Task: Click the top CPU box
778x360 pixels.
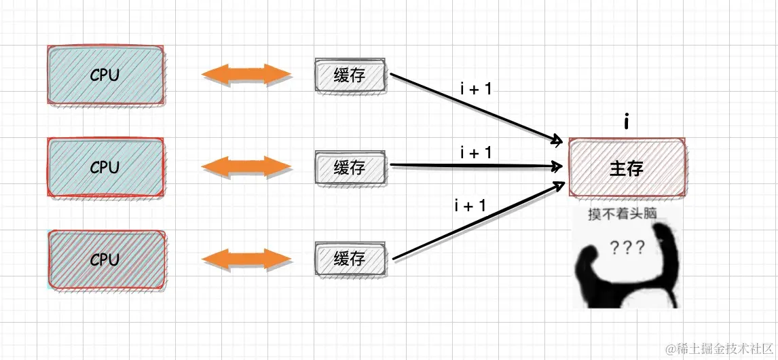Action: click(x=105, y=75)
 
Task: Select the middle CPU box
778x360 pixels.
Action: click(x=105, y=167)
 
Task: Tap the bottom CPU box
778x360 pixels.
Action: click(x=105, y=259)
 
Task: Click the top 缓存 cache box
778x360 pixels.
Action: click(x=350, y=75)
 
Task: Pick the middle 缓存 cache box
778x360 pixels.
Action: click(x=350, y=167)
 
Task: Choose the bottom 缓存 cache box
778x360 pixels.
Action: click(x=350, y=259)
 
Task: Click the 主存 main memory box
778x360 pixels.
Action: click(x=626, y=168)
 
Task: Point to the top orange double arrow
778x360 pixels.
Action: click(x=246, y=75)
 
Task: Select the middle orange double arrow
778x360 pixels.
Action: click(x=246, y=167)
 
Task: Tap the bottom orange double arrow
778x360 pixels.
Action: click(x=246, y=259)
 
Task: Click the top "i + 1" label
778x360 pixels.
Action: click(x=476, y=89)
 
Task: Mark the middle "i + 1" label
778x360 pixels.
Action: click(x=476, y=154)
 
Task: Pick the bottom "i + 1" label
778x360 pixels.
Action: click(x=470, y=206)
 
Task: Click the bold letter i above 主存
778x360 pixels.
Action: click(x=626, y=122)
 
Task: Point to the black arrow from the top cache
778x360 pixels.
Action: click(x=475, y=109)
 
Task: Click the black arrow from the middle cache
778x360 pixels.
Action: click(x=475, y=166)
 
